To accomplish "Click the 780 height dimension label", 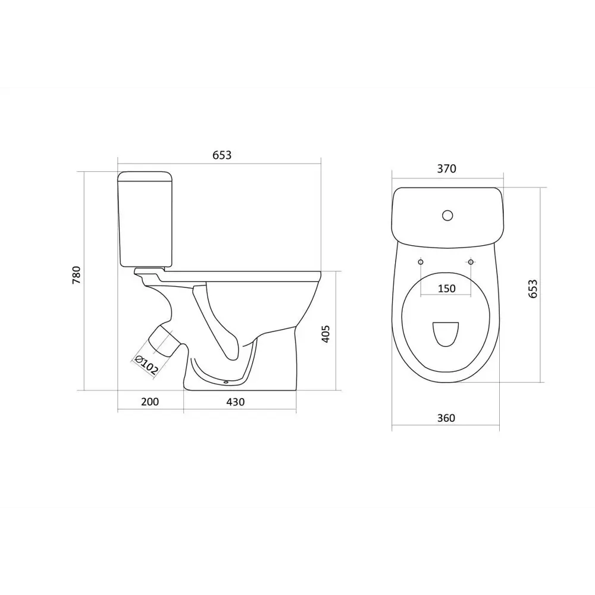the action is [77, 275].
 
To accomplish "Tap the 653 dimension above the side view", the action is [221, 155].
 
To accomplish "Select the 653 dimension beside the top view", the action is [533, 289].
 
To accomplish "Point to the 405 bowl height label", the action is [325, 334].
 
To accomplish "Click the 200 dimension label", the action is [150, 402].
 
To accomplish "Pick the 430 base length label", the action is [236, 402].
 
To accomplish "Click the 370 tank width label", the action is [447, 168].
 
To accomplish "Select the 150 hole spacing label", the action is [447, 289].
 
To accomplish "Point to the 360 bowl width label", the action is [446, 418].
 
